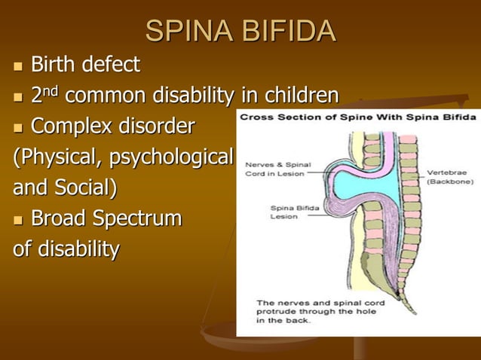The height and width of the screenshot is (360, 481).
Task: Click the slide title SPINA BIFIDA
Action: tap(240, 31)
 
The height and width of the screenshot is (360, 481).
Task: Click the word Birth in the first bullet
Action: tap(56, 66)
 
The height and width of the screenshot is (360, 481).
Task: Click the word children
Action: tap(299, 96)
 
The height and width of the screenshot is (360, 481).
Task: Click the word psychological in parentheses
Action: tap(176, 158)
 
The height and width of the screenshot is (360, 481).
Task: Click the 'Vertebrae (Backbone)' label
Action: tap(450, 176)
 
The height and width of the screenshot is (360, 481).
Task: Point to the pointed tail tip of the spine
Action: tap(413, 311)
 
